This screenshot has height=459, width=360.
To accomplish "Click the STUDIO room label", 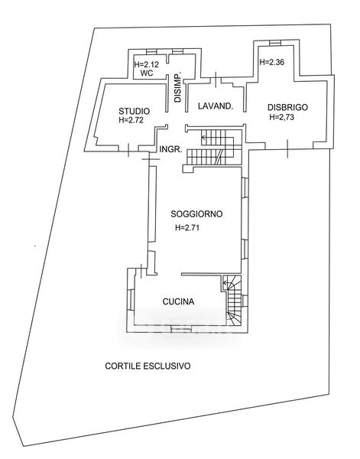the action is [134, 111].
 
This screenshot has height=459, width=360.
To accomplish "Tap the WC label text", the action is [147, 73].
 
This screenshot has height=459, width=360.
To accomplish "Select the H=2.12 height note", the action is [146, 64].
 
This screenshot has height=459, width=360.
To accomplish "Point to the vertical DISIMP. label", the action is [178, 86].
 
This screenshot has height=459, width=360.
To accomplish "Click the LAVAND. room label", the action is [216, 106].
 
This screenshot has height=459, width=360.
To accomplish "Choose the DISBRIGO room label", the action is [287, 107].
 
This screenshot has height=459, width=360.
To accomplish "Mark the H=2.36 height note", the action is [272, 62].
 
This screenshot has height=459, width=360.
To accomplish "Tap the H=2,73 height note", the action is [281, 117].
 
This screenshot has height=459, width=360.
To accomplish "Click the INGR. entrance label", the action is [170, 149].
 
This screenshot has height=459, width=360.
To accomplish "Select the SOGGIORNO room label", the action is [196, 214].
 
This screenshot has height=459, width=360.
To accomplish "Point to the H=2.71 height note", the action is [187, 227].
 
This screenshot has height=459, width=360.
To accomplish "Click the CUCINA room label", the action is [178, 301].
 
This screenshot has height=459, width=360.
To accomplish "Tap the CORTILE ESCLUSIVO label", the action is [148, 366].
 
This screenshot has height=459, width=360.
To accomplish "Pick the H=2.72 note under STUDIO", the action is [131, 120].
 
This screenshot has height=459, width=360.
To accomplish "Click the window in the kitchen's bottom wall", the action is [181, 329].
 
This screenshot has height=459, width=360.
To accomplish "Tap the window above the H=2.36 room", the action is [275, 43].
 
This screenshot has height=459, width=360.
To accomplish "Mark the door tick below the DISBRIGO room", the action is [287, 149].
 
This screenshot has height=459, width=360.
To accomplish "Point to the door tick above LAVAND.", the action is [216, 80].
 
